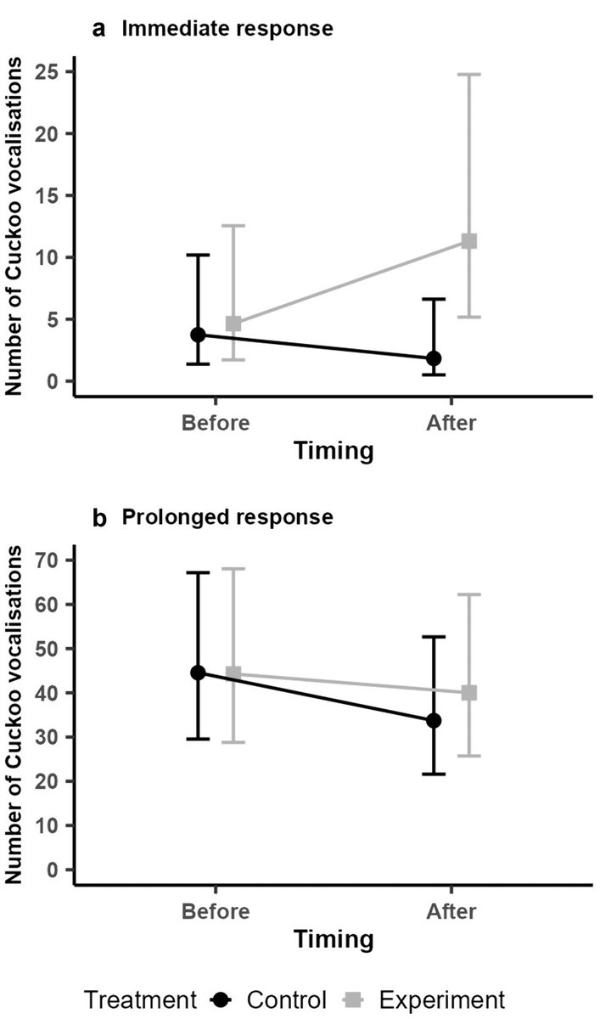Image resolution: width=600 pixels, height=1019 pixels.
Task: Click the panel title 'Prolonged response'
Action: [x=227, y=516]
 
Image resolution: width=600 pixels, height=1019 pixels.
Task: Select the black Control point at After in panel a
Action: [x=435, y=358]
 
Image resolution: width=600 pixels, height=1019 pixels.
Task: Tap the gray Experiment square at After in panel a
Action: [x=468, y=241]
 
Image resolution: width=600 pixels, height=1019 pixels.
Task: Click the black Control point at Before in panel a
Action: [x=198, y=335]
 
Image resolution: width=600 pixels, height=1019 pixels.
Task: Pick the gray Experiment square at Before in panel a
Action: [x=233, y=324]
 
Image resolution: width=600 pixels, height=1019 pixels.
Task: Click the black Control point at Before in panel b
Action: [x=198, y=673]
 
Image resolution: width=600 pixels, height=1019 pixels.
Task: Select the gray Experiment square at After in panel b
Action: [x=468, y=693]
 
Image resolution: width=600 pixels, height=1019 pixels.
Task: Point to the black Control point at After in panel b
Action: [x=435, y=720]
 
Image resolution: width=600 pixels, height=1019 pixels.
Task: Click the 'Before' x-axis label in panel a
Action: [x=215, y=423]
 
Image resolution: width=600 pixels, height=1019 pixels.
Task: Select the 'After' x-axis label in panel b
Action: [x=451, y=911]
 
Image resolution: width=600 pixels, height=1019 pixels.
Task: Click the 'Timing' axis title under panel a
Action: [x=334, y=452]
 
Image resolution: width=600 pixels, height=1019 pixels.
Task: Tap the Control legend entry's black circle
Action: [x=222, y=999]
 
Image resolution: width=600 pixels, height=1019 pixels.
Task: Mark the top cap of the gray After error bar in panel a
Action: [x=468, y=75]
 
